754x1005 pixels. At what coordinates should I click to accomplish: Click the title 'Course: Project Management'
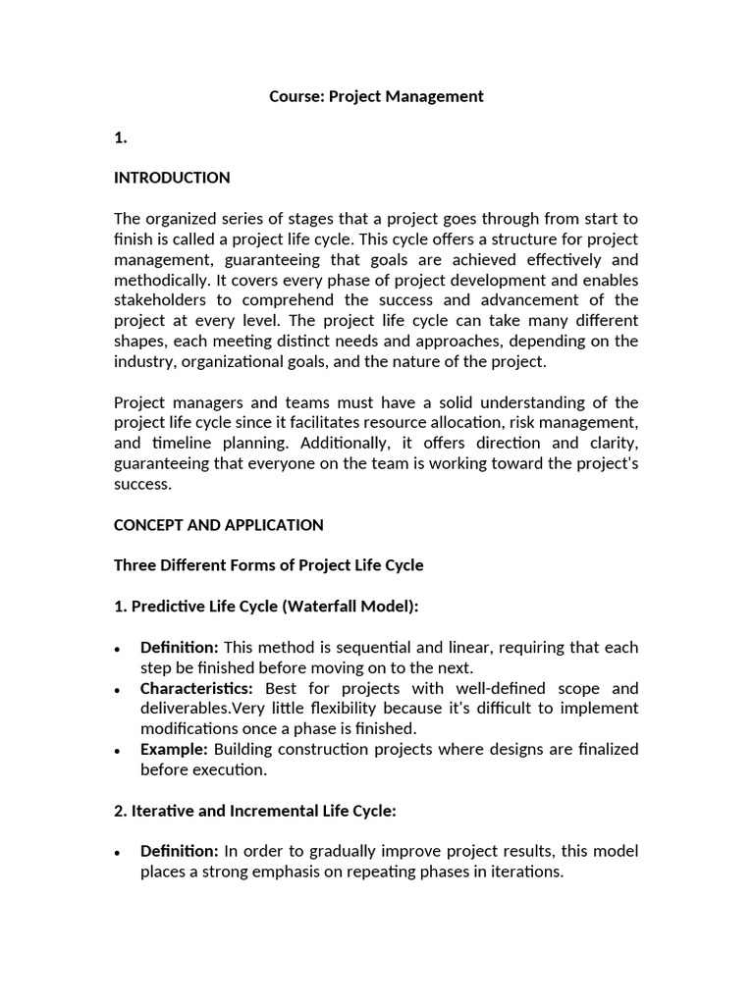377,96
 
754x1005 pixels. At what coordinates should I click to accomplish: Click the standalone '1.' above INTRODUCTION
121,137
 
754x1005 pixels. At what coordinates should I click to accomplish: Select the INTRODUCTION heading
172,178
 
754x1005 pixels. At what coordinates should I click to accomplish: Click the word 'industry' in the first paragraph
143,362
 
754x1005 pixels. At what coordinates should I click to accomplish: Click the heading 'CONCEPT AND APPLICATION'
218,525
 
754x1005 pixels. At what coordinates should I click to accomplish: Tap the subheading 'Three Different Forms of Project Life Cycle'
268,565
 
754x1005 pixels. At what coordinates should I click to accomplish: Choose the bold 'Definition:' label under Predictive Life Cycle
180,648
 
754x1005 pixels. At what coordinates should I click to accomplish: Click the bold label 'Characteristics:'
196,688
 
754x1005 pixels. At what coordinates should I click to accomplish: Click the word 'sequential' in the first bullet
359,648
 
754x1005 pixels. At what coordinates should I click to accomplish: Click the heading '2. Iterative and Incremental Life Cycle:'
254,811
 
